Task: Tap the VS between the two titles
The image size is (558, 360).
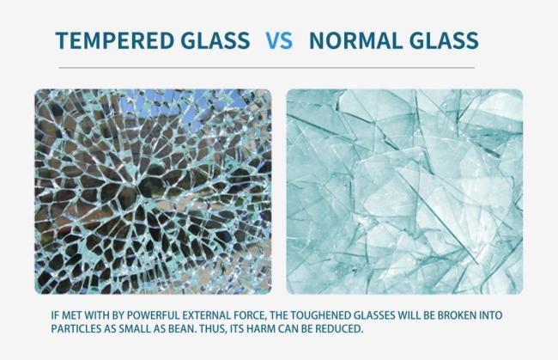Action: coord(278,40)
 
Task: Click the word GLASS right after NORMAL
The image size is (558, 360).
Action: coord(440,40)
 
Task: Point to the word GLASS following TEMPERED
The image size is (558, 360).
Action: coord(210,40)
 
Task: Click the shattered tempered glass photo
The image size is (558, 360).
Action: coord(153,191)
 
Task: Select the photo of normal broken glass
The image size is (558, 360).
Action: coord(403,191)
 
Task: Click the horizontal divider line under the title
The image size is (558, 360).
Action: coord(266,67)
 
